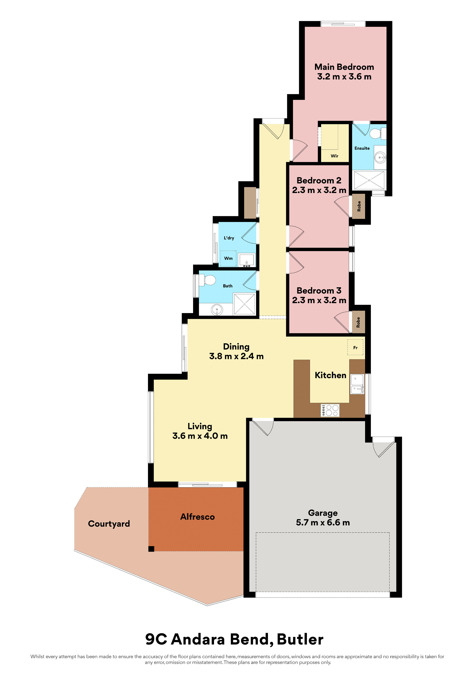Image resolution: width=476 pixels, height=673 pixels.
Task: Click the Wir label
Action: pyautogui.click(x=334, y=156)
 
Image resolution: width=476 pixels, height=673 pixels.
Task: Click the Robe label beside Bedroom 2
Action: pyautogui.click(x=359, y=206)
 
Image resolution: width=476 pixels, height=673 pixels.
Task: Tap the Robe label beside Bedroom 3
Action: pyautogui.click(x=358, y=322)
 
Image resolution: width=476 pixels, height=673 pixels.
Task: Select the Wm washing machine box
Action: pyautogui.click(x=228, y=258)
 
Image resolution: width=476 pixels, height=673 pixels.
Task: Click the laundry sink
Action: pyautogui.click(x=247, y=260)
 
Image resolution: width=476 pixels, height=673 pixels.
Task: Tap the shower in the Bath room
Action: pyautogui.click(x=244, y=304)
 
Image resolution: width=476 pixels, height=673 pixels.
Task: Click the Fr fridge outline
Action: pyautogui.click(x=355, y=347)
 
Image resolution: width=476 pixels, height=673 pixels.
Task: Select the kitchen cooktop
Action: pyautogui.click(x=330, y=410)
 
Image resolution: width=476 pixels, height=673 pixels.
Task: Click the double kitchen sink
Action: pyautogui.click(x=357, y=384)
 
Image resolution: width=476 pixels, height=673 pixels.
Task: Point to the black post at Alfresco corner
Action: pyautogui.click(x=151, y=549)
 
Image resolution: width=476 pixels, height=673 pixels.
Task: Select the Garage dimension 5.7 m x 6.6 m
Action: pyautogui.click(x=323, y=523)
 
